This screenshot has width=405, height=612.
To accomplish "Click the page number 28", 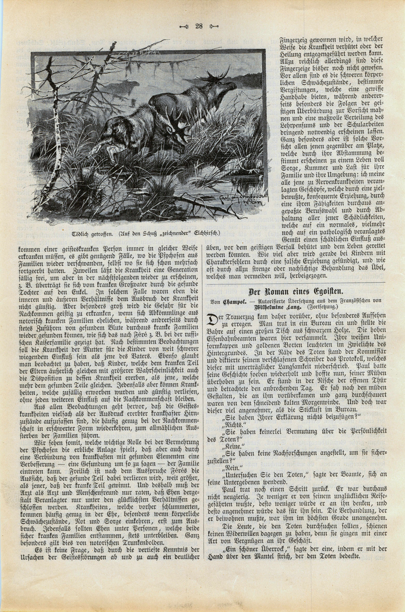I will [x=199, y=26].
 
